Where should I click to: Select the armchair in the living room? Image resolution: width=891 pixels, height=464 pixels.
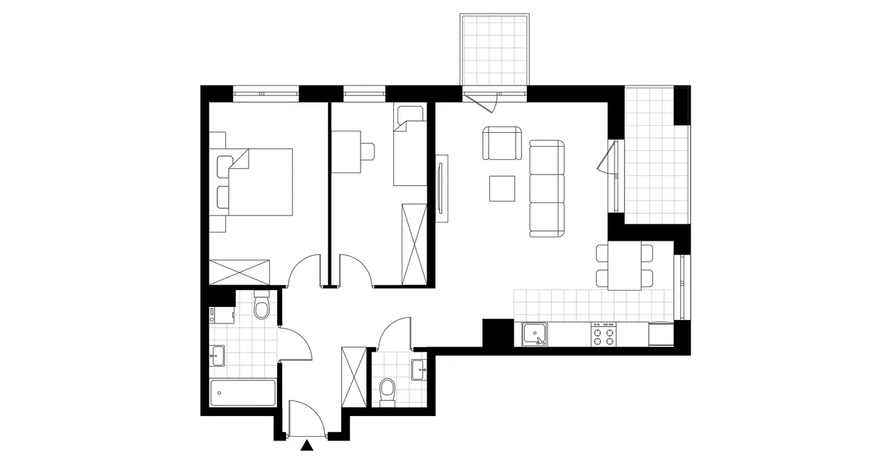coord(502,143)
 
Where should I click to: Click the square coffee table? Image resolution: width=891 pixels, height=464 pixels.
coord(502,188)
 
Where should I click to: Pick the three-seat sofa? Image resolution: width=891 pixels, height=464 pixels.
coord(546,189)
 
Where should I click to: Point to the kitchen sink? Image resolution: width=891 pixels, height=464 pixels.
coord(534,335)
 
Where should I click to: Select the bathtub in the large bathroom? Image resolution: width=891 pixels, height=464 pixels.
coord(243,394)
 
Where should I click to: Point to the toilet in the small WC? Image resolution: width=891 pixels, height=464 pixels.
coord(388,391)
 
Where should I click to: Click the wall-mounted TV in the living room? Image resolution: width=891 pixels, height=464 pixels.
coord(441,188)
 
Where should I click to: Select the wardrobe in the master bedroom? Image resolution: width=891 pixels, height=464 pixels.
coord(239,271)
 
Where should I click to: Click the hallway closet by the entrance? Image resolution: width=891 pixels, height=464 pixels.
coord(354,376)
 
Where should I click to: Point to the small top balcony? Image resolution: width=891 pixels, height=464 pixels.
coord(495,48)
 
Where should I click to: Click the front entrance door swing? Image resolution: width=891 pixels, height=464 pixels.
coord(306,417)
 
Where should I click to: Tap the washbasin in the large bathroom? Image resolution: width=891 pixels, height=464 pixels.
coord(216,354)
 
